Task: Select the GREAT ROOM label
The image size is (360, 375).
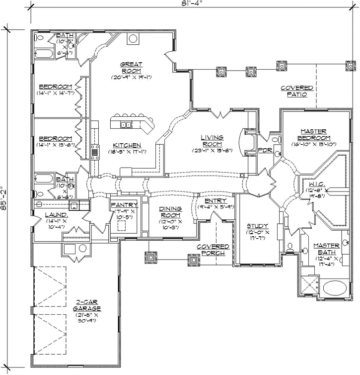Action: [x=132, y=67]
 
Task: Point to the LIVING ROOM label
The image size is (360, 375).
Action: [x=212, y=141]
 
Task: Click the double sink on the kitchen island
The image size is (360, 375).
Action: [x=127, y=125]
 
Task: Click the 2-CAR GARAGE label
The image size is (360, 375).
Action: [x=89, y=305]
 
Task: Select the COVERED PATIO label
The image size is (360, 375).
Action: [x=297, y=91]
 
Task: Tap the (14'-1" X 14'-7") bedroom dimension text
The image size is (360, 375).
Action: [x=56, y=93]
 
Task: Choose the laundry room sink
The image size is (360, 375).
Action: [x=73, y=205]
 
